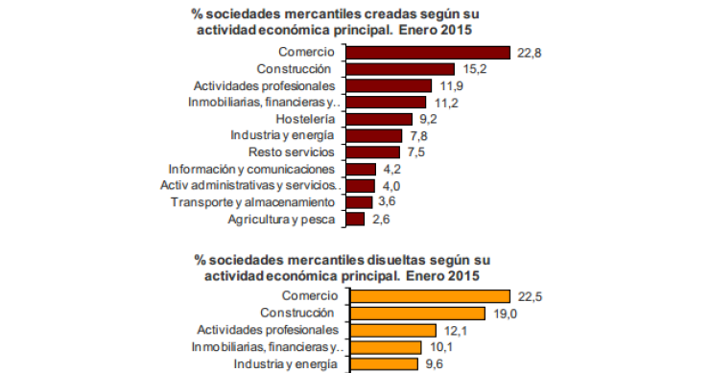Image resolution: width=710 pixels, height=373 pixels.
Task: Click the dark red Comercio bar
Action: pos(427,52)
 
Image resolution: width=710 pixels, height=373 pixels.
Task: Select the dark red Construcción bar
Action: pos(399,69)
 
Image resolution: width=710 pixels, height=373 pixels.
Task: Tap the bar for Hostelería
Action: pos(378,119)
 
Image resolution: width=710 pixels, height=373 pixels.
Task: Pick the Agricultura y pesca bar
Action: pos(355,220)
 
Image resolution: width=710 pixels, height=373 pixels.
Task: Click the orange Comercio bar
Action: pos(427,295)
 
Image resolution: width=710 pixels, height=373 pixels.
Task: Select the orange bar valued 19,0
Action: pos(414,313)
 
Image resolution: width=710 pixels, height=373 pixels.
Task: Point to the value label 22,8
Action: pos(530,52)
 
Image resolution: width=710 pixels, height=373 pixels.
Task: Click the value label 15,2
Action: pos(474,69)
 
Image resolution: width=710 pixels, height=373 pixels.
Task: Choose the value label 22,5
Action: pos(530,296)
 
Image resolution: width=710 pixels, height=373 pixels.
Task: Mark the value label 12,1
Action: pos(456,330)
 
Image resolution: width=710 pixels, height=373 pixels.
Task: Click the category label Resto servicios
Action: pos(292,152)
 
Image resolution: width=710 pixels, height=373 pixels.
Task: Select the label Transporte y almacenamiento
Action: pos(253,202)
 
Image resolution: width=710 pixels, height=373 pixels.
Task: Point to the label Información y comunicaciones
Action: pos(250,169)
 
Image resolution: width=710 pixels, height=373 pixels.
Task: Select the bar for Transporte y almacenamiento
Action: pos(359,202)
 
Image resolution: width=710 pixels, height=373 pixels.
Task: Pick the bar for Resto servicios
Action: pos(372,152)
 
